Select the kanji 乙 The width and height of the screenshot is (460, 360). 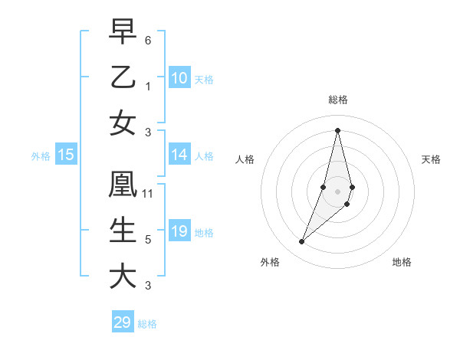(x=123, y=77)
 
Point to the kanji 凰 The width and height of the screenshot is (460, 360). (x=123, y=185)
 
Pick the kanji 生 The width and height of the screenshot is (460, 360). (x=123, y=231)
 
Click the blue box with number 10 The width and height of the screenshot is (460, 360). (x=179, y=78)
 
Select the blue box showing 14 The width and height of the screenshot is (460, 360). (x=179, y=155)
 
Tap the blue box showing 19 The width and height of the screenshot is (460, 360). (x=179, y=231)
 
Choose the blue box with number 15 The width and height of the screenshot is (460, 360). (x=66, y=155)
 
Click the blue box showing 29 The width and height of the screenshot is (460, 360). (x=122, y=322)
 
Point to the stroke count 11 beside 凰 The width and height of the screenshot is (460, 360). (x=148, y=194)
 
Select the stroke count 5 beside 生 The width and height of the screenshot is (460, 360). (x=148, y=240)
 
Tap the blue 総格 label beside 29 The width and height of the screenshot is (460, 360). (x=147, y=324)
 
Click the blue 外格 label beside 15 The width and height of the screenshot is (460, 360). (x=41, y=156)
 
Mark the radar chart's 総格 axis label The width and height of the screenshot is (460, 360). (x=337, y=100)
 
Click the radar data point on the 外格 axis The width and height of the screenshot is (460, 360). (x=302, y=242)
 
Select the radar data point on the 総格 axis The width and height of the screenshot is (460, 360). (x=337, y=130)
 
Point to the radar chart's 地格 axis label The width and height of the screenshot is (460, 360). (x=402, y=263)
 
